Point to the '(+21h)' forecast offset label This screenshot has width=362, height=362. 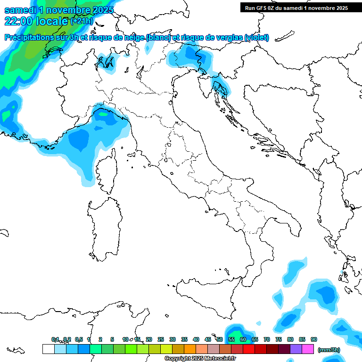(82, 21)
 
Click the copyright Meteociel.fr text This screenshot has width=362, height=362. (200, 359)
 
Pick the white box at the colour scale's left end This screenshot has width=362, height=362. (48, 349)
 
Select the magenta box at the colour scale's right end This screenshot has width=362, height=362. (308, 349)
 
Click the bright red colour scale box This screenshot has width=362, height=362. (249, 349)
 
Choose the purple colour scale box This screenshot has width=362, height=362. (296, 349)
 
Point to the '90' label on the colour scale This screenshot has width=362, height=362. (314, 340)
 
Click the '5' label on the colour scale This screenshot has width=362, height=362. (112, 340)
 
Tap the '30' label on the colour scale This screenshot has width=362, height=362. (173, 340)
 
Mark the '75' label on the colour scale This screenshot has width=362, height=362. (279, 340)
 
